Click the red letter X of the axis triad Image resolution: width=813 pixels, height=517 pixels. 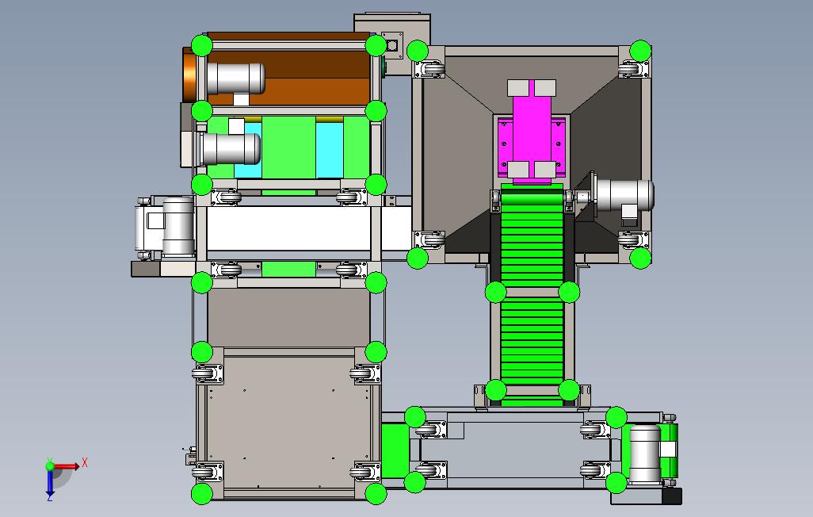85,462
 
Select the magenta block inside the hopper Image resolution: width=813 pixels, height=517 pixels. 532,132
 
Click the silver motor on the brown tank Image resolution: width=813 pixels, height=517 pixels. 235,79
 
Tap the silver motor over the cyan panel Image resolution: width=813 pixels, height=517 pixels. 231,148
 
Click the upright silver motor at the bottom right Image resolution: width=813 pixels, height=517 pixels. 645,454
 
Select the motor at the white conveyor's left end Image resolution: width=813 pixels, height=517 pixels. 165,228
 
